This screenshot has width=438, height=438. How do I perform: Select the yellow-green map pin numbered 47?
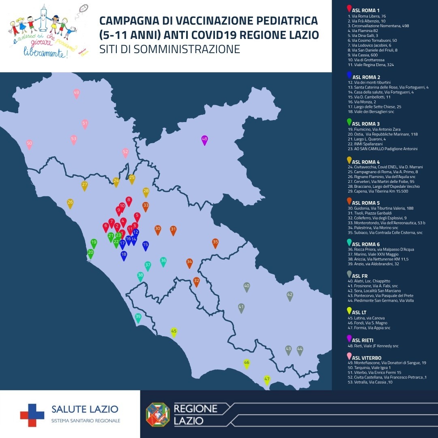[267, 380]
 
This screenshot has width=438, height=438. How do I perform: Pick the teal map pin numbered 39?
[138, 318]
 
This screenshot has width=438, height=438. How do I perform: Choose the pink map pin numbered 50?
[29, 144]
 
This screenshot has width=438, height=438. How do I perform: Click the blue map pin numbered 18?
[124, 255]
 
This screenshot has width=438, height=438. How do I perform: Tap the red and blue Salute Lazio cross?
[32, 415]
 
